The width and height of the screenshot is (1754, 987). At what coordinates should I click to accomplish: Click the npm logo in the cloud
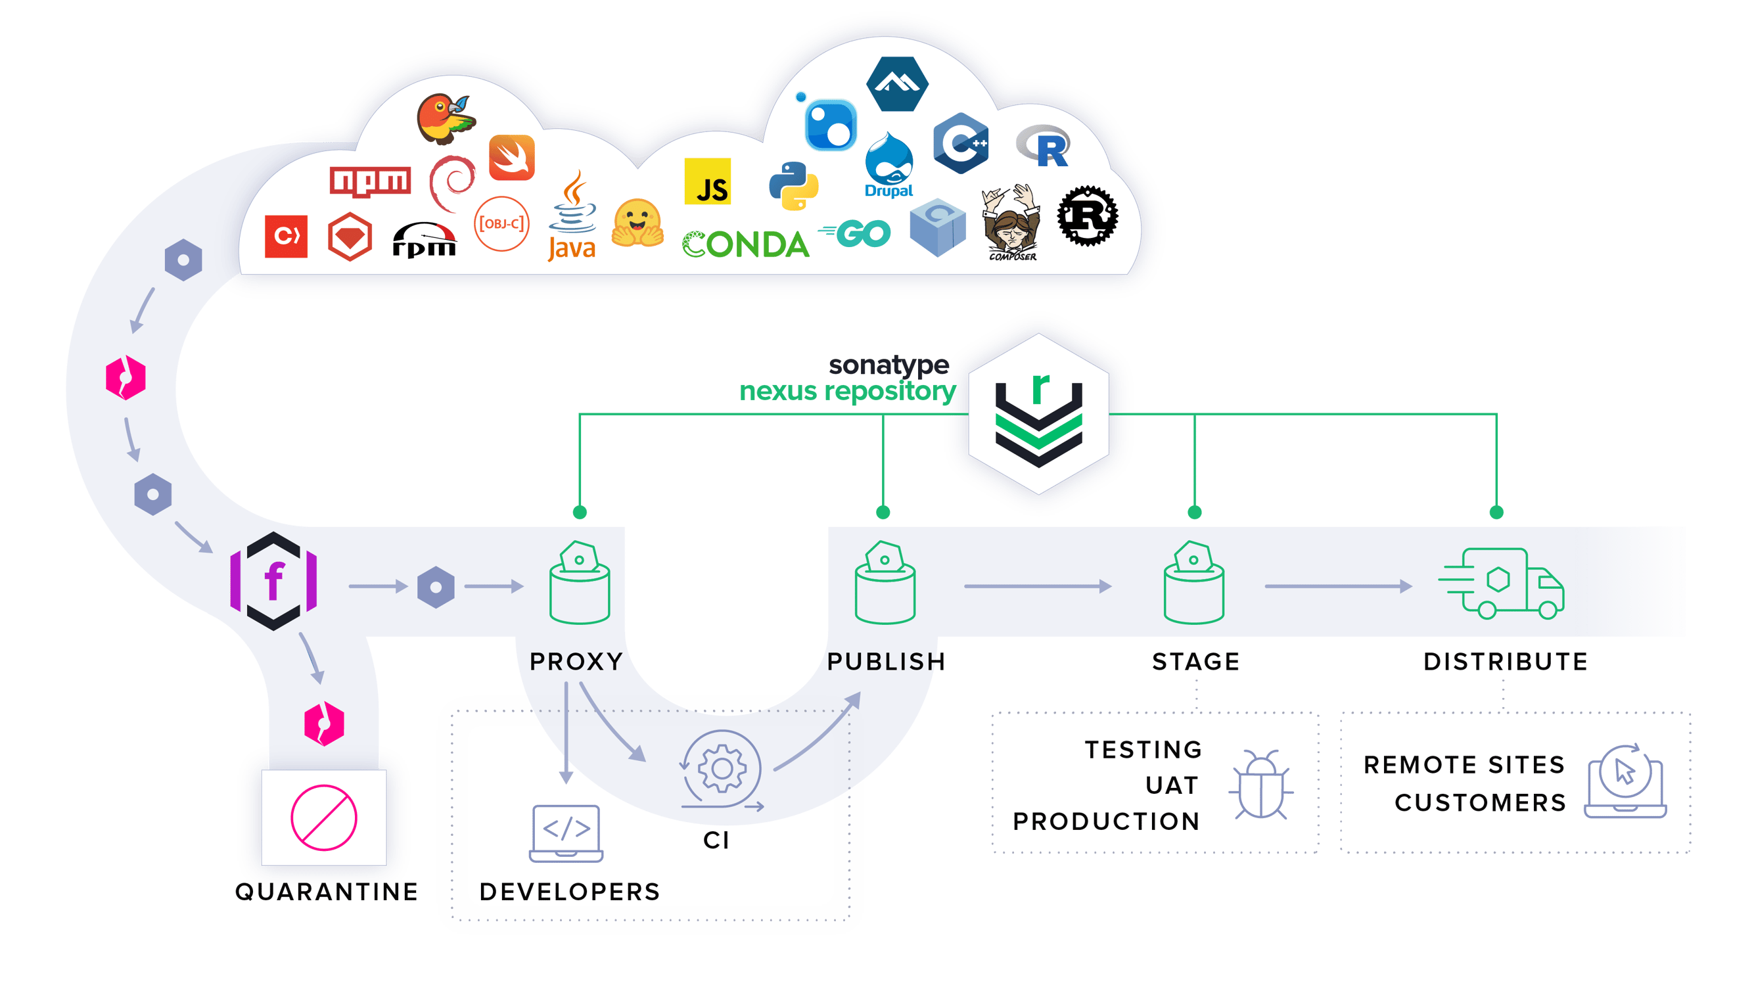coord(370,181)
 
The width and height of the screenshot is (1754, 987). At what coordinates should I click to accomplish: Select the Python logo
coord(793,186)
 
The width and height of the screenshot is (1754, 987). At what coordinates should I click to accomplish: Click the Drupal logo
coord(889,167)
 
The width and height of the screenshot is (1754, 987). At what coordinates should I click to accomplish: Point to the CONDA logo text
coord(746,244)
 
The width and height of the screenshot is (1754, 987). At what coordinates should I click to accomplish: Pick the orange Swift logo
coord(512,158)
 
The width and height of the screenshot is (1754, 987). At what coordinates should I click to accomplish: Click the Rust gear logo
coord(1088,216)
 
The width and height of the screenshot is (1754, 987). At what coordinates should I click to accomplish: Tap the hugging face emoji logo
coord(637,223)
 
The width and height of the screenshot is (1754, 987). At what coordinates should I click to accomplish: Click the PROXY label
coord(576,661)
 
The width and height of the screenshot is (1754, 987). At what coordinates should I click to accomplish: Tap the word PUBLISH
coord(886,661)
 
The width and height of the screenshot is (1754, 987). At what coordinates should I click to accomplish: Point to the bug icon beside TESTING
coord(1260,785)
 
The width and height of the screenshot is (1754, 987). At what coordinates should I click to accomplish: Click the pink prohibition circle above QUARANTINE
coord(323,817)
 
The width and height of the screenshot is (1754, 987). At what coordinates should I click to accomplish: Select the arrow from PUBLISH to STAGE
coord(1037,586)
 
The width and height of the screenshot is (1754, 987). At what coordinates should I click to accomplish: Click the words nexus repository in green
coord(848,391)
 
